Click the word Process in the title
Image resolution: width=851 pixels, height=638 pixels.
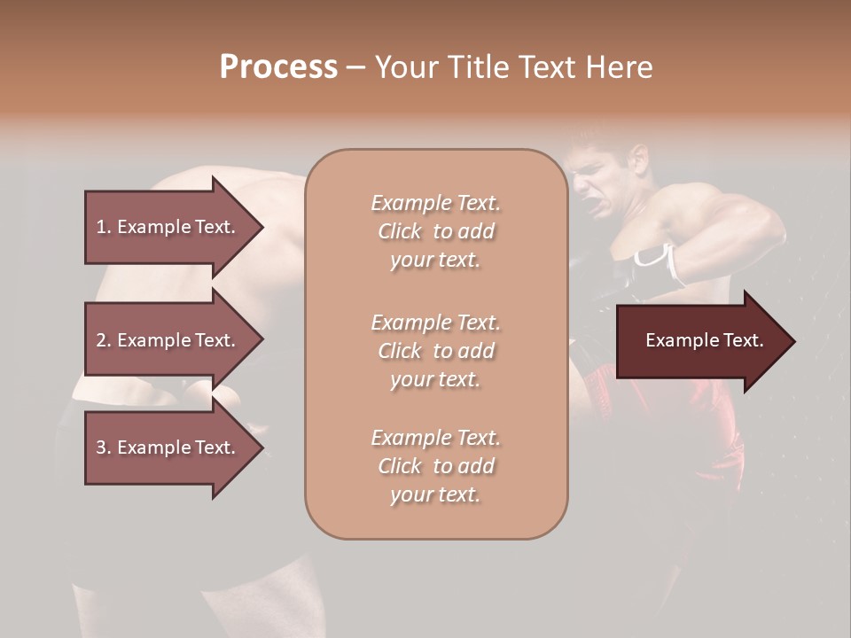pos(278,67)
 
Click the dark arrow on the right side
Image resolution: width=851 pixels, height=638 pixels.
pos(700,341)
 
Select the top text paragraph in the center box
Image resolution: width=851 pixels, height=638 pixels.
pos(435,231)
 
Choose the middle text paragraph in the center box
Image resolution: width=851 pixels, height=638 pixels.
pos(435,351)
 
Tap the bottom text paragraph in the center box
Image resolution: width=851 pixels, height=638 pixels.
pos(435,466)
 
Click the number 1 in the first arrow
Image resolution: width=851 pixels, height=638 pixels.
pos(101,227)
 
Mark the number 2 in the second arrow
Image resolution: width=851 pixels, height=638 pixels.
pos(101,340)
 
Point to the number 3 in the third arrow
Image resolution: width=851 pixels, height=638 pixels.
pos(101,447)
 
